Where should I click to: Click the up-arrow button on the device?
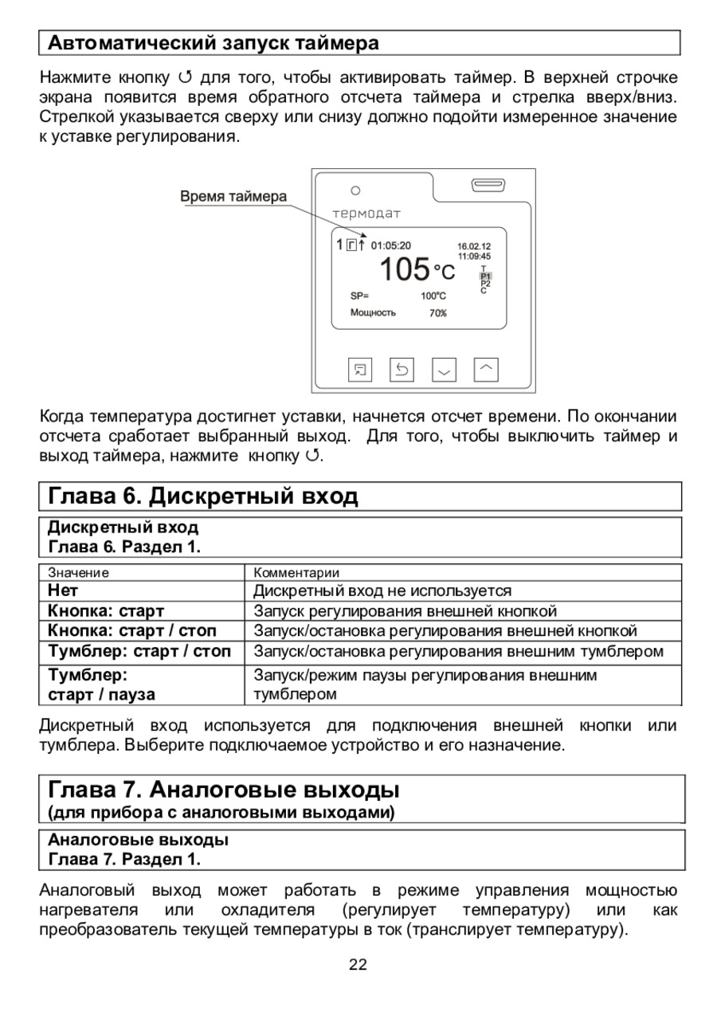pos(486,368)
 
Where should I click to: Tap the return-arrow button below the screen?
pos(402,369)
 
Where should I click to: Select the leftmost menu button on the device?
pos(360,369)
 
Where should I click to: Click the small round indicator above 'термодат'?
pos(356,191)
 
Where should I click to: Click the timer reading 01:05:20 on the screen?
pos(391,245)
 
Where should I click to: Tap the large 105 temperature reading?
pos(404,271)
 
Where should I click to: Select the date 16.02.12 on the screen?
pos(474,246)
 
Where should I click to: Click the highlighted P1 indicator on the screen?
pos(485,276)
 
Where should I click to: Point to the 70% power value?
pos(438,313)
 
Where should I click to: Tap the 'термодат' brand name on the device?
pos(366,214)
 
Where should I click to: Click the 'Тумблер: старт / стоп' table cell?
pos(139,651)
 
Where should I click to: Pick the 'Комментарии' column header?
pos(296,572)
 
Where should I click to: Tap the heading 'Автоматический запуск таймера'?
pos(213,42)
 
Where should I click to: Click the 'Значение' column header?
pos(78,572)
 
